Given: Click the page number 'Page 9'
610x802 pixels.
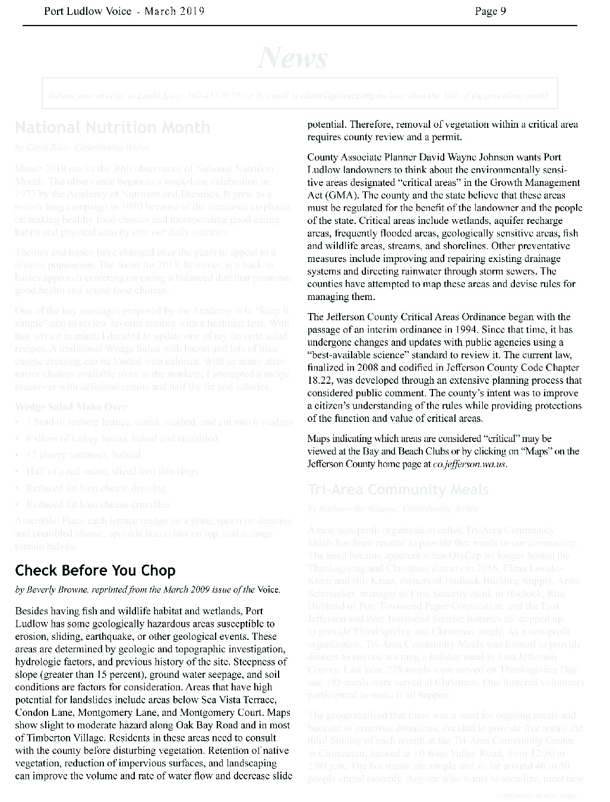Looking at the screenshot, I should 490,11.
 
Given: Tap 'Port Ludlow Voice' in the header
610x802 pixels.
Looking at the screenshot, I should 87,11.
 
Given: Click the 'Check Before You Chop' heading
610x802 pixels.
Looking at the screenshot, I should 95,571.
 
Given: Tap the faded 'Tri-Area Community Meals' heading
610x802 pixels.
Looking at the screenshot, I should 398,490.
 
